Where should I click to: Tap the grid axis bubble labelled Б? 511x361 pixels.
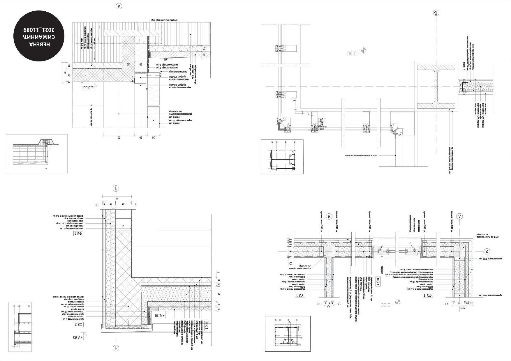(436, 13)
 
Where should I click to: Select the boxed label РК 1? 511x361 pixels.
(207, 326)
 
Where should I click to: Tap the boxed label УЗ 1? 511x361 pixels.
(300, 295)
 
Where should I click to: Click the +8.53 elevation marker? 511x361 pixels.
(78, 337)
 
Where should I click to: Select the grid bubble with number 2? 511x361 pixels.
(487, 251)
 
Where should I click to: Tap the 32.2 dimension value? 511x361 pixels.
(463, 307)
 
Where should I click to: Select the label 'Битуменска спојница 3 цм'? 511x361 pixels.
(166, 20)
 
